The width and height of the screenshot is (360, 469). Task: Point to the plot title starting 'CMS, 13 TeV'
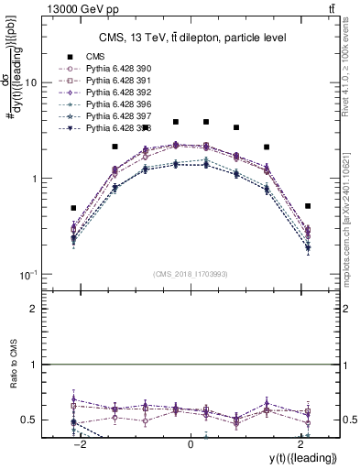coord(193,38)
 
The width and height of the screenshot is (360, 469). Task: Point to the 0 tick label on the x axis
coord(191,444)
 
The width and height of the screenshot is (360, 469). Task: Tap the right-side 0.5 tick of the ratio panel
coord(349,420)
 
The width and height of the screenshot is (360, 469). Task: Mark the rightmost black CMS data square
coord(308,206)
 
